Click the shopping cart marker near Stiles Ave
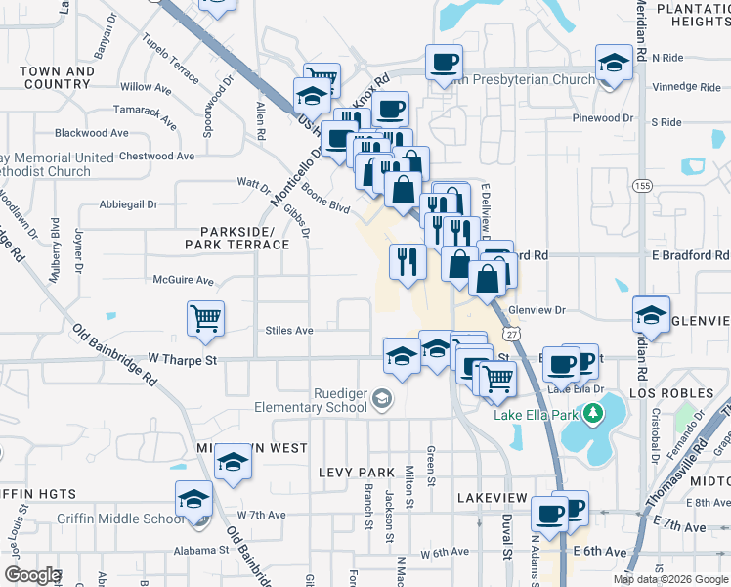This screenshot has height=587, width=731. point(205,317)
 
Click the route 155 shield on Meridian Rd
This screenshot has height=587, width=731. point(641,184)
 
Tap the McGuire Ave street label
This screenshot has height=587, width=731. point(183,280)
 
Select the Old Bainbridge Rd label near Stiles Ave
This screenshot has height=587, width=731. point(115,352)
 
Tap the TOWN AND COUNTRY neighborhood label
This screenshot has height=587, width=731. point(57,77)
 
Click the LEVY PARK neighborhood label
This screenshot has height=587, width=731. point(355,472)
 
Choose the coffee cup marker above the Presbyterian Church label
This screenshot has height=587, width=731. point(444,63)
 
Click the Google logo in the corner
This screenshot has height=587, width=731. point(31,575)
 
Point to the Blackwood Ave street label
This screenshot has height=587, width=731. point(92,133)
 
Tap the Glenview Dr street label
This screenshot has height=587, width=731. point(537,310)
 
